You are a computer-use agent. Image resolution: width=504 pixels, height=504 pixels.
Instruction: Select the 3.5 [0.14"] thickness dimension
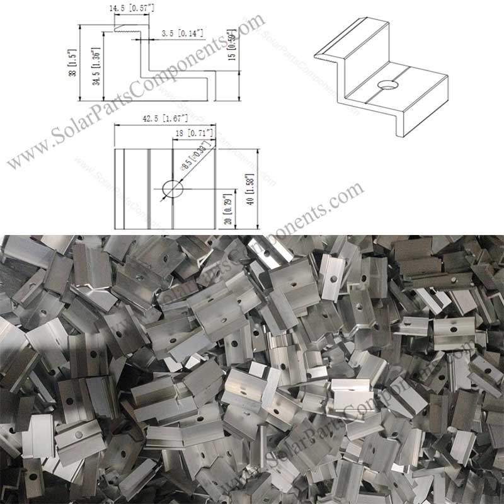(x=182, y=32)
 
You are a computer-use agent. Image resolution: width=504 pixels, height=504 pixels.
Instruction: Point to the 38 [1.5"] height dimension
(x=74, y=63)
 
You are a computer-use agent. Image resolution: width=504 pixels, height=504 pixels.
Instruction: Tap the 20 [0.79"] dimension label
(x=229, y=209)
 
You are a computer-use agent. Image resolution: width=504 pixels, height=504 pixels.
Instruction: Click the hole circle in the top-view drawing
(x=172, y=188)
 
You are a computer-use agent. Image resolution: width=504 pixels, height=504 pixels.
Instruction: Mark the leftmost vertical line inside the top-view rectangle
(x=124, y=188)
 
